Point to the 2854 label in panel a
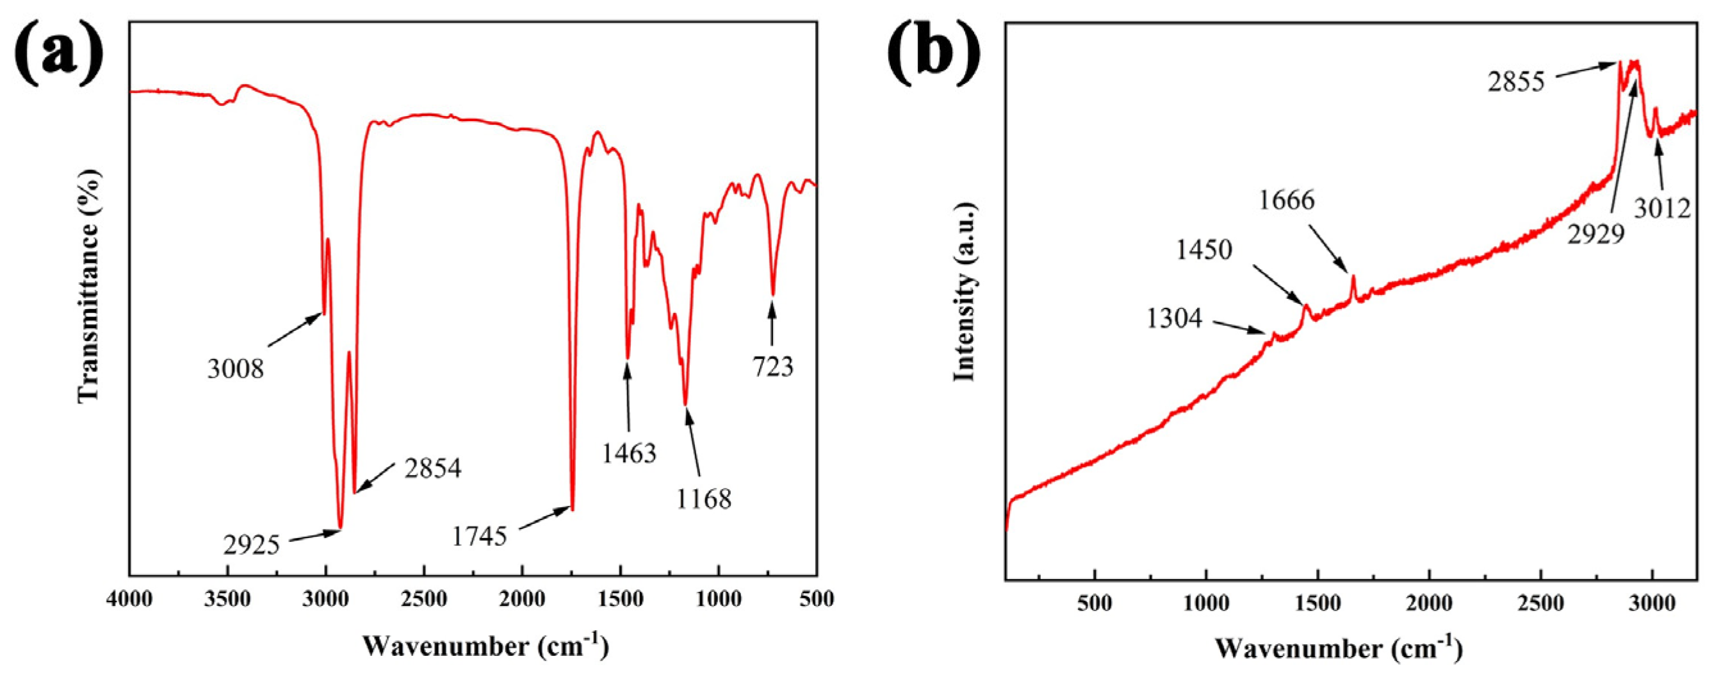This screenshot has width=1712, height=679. point(433,469)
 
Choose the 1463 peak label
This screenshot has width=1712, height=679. point(630,453)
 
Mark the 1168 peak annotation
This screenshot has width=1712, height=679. point(704,499)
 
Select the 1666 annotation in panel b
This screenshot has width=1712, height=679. point(1287,199)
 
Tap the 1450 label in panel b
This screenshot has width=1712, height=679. point(1203,250)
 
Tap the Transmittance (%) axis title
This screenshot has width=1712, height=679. point(89,287)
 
